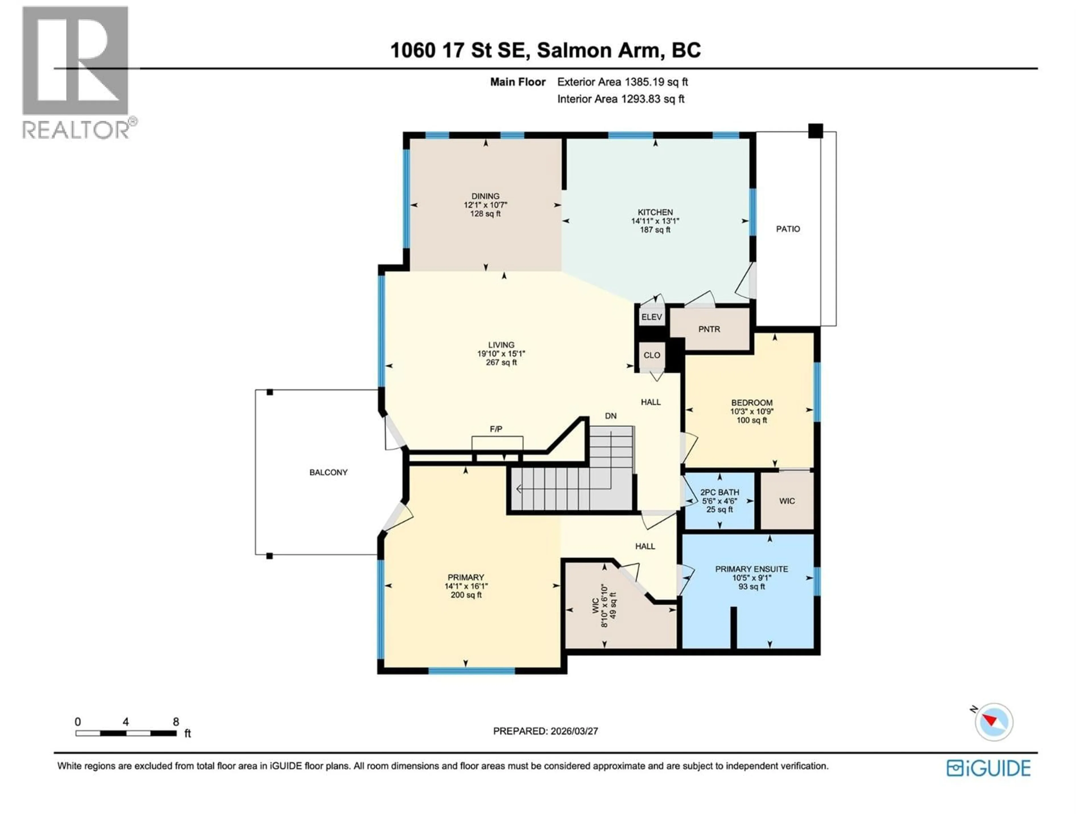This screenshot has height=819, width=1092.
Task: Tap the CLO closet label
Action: pyautogui.click(x=652, y=355)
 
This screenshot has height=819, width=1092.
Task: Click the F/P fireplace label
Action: pyautogui.click(x=496, y=429)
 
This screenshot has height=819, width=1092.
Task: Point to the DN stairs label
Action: pyautogui.click(x=611, y=416)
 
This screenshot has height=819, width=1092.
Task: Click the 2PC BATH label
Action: pyautogui.click(x=719, y=492)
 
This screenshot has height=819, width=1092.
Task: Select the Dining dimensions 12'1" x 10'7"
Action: pyautogui.click(x=485, y=205)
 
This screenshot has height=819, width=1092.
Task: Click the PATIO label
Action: pyautogui.click(x=788, y=229)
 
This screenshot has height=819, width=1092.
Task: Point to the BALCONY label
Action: pyautogui.click(x=328, y=472)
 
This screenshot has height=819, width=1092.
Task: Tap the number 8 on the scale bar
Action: pyautogui.click(x=176, y=722)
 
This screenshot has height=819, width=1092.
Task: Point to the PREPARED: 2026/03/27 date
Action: pyautogui.click(x=545, y=731)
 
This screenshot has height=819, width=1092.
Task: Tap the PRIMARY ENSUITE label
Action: pyautogui.click(x=751, y=569)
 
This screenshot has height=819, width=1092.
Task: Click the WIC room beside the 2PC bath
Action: pyautogui.click(x=787, y=501)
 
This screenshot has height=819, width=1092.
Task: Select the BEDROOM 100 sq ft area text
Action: pyautogui.click(x=751, y=421)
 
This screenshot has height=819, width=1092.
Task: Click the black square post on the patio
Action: pyautogui.click(x=816, y=131)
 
